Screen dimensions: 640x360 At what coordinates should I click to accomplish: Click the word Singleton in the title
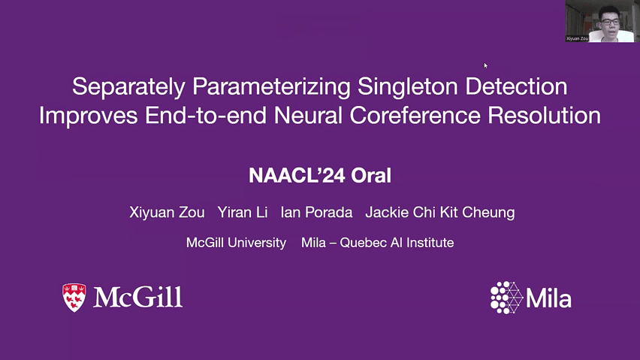coord(408,86)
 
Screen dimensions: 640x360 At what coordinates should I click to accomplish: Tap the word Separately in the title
coord(129,87)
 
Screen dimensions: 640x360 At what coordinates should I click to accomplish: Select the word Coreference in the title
coord(415,115)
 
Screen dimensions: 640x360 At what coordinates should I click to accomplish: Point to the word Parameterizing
coord(271,87)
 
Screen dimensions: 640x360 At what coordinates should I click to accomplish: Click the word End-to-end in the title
coord(206,115)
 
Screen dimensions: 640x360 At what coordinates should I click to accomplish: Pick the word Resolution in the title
coord(544,115)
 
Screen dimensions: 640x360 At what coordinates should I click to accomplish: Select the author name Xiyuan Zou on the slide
coord(167,212)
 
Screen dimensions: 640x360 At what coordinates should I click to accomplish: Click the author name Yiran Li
coord(243,212)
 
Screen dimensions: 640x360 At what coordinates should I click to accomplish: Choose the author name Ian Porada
coord(316,212)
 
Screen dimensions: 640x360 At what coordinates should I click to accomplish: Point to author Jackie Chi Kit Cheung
coord(440,212)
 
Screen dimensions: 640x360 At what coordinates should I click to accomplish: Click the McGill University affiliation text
coord(236,243)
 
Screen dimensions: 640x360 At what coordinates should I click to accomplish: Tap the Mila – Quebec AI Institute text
coord(378,243)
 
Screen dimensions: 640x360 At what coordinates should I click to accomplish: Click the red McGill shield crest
coord(74,298)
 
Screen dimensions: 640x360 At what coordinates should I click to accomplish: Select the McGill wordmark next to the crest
coord(138,297)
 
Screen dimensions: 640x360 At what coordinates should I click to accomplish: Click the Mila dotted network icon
coord(506,298)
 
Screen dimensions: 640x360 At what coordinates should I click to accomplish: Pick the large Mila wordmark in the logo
coord(548,298)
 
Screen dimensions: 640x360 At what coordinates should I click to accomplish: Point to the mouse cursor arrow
coord(486,65)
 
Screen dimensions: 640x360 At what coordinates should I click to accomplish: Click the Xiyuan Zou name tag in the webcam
coord(577,38)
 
